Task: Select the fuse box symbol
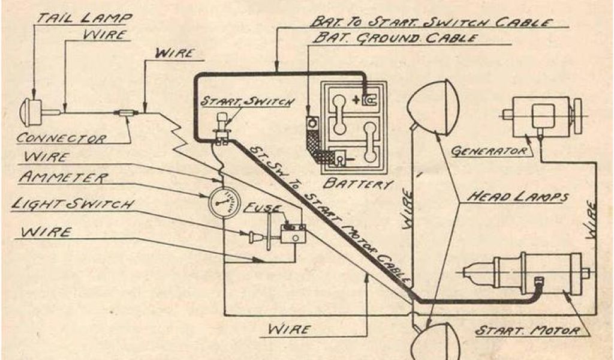293,233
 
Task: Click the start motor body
537,273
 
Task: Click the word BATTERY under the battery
357,182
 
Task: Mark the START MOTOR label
527,331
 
